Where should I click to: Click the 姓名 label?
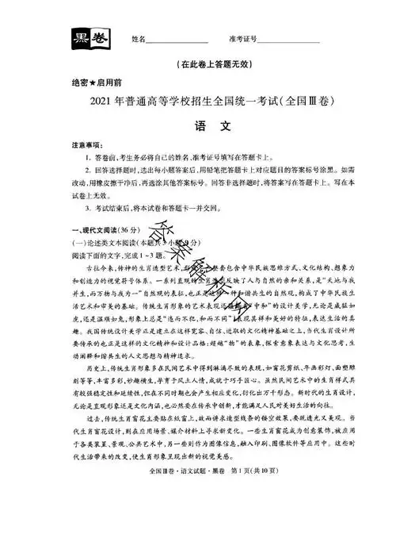[x=139, y=39]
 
